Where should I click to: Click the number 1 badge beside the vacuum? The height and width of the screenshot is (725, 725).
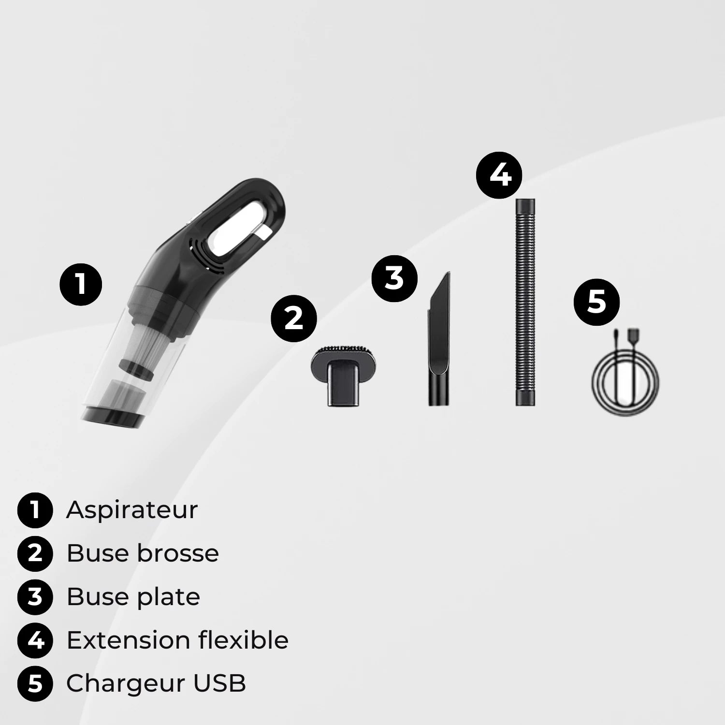[x=81, y=284]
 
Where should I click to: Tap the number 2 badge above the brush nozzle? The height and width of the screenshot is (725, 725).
[x=293, y=319]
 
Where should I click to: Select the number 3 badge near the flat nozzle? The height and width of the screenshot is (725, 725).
[x=394, y=278]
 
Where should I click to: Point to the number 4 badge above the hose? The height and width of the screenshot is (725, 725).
[x=500, y=174]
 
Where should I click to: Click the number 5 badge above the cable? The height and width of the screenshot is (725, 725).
[x=596, y=302]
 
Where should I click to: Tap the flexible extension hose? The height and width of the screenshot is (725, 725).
[x=525, y=302]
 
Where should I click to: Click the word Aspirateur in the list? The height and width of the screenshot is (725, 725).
[x=132, y=510]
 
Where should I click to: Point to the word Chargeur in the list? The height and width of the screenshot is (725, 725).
[x=126, y=683]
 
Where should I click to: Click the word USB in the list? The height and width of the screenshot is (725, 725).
[x=220, y=683]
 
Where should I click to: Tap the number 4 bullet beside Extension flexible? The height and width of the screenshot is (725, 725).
[x=35, y=640]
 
